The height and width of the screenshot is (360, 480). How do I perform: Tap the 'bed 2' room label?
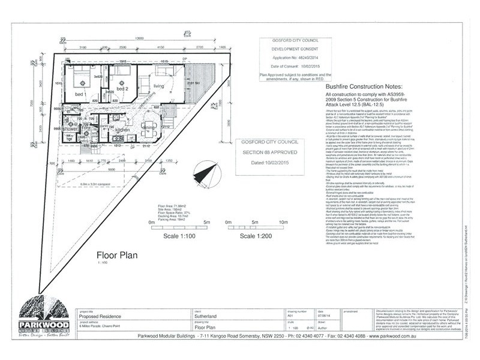tap(122, 88)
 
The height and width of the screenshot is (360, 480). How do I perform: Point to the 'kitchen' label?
tap(123, 129)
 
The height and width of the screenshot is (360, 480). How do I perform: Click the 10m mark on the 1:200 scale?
tap(267, 221)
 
